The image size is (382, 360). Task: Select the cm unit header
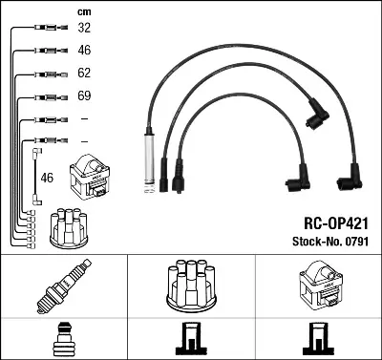pyautogui.click(x=84, y=11)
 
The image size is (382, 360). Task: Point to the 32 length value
pyautogui.click(x=84, y=29)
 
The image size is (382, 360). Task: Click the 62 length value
pyautogui.click(x=84, y=74)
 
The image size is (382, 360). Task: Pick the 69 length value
pyautogui.click(x=84, y=96)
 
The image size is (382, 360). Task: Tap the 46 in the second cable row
pyautogui.click(x=84, y=51)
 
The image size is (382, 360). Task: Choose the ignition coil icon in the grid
pyautogui.click(x=318, y=285)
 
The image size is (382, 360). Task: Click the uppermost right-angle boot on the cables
pyautogui.click(x=314, y=117)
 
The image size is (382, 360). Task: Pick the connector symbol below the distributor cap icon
pyautogui.click(x=190, y=340)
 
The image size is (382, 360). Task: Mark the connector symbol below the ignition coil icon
pyautogui.click(x=318, y=340)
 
